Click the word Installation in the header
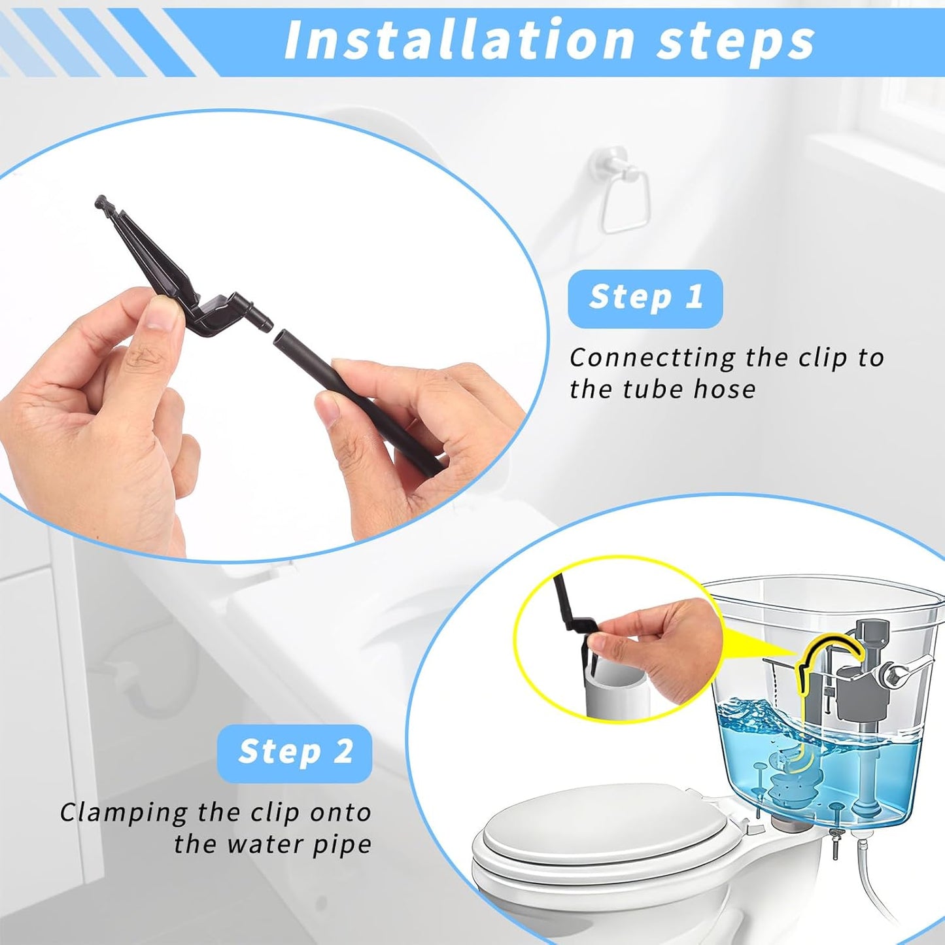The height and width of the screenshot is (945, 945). pyautogui.click(x=459, y=40)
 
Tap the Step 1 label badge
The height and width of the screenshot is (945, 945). pyautogui.click(x=645, y=299)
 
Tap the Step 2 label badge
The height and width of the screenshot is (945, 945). pyautogui.click(x=294, y=752)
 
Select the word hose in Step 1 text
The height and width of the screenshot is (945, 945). pyautogui.click(x=724, y=389)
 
